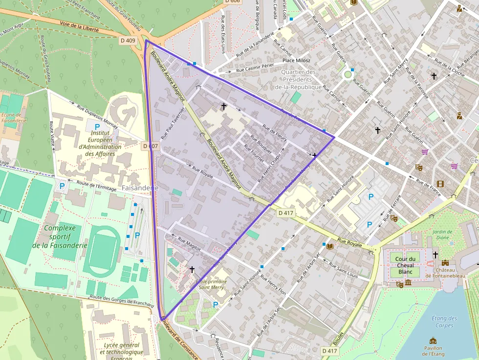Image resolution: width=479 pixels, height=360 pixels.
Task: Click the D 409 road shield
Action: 130,41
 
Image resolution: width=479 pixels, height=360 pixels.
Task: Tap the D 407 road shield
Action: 151,146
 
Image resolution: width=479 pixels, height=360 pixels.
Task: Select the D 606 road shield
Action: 233,1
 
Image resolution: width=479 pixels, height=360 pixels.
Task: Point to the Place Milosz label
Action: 297,61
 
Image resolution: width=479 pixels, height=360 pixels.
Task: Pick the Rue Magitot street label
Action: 190,244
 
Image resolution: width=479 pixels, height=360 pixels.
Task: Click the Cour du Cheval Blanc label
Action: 405,265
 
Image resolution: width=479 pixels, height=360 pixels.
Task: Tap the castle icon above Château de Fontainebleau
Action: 445,262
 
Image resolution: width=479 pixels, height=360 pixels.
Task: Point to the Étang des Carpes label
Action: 444,321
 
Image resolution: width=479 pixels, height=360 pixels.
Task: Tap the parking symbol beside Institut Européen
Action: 97,127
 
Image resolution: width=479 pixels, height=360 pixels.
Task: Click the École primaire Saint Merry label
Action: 211,284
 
